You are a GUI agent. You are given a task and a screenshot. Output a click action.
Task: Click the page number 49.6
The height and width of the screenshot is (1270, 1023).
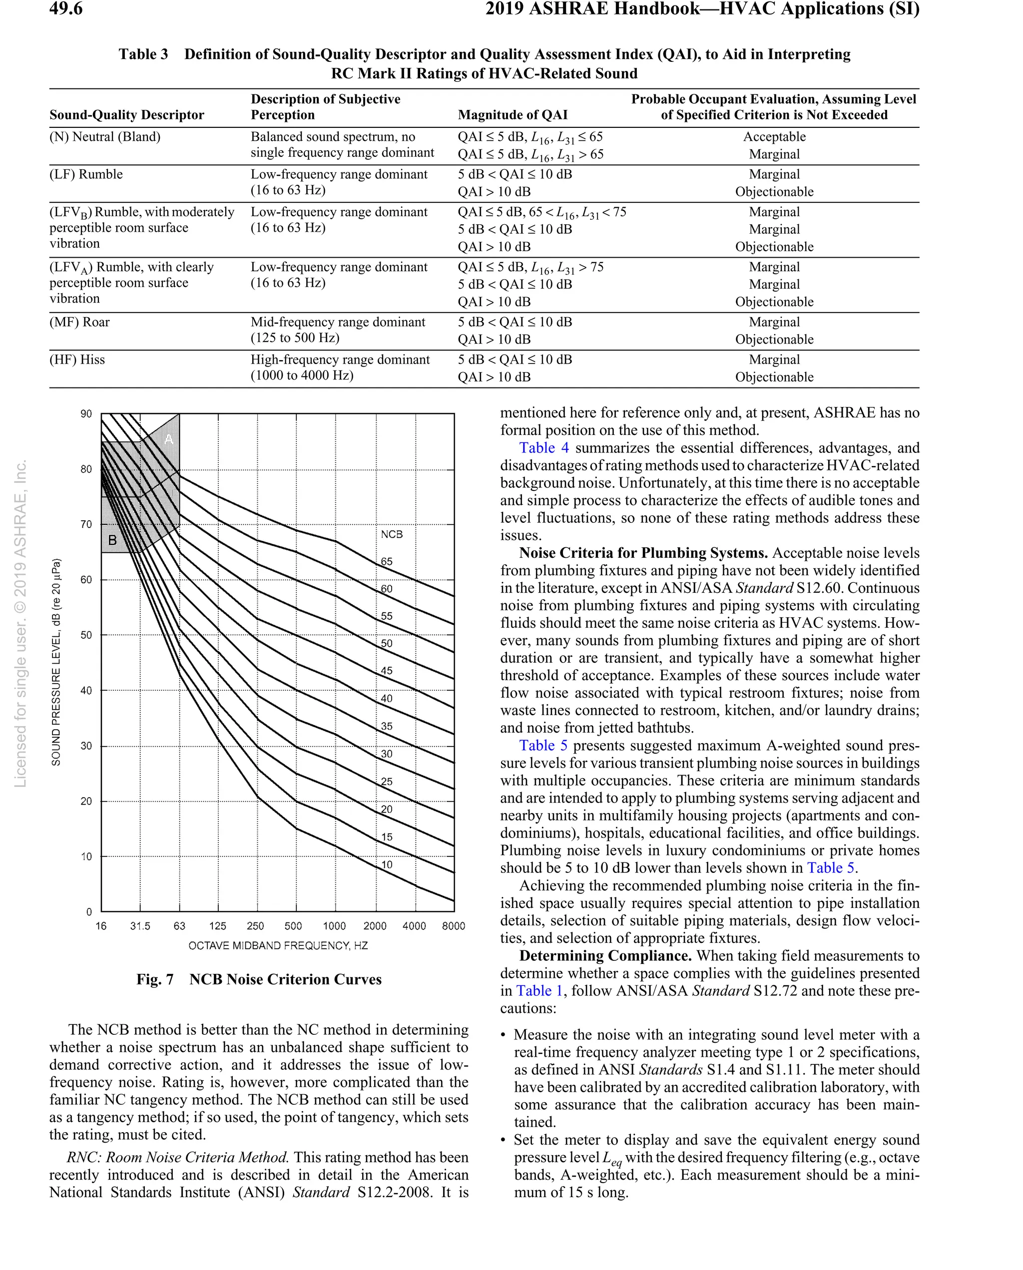coord(65,9)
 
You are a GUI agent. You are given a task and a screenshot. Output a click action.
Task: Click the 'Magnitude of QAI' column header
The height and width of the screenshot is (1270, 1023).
coord(512,115)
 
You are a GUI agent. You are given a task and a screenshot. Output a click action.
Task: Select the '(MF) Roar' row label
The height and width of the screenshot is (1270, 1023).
coord(79,322)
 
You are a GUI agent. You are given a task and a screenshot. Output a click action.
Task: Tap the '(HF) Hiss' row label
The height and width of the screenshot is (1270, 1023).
coord(77,360)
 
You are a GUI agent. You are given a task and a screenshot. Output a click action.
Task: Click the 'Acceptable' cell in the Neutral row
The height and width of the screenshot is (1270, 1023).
coord(774,137)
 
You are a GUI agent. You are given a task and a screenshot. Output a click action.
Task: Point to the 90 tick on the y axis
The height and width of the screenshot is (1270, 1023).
coord(86,414)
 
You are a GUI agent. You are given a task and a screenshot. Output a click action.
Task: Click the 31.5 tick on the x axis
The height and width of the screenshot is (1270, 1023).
coord(140,926)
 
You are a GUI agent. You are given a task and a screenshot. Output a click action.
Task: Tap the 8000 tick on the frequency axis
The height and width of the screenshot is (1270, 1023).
coord(453,926)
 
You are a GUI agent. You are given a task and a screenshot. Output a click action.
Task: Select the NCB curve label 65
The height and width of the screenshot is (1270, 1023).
coord(387,561)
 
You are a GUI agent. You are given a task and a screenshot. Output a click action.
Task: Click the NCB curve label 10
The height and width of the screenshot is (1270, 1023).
coord(387,865)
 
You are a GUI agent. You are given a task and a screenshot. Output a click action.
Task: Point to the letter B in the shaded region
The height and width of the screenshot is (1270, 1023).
coord(112,540)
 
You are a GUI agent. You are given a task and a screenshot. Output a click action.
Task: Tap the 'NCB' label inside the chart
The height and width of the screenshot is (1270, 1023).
coord(391,534)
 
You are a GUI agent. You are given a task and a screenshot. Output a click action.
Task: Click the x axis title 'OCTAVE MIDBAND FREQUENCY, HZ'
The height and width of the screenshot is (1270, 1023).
coord(278,946)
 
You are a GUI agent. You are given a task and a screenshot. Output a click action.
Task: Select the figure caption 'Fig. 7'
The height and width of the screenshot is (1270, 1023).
coord(155,980)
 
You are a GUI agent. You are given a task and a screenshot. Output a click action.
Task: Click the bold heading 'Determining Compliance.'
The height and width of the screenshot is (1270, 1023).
coord(604,956)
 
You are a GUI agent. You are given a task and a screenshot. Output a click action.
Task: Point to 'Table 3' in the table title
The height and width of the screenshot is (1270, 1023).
coord(143,54)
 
